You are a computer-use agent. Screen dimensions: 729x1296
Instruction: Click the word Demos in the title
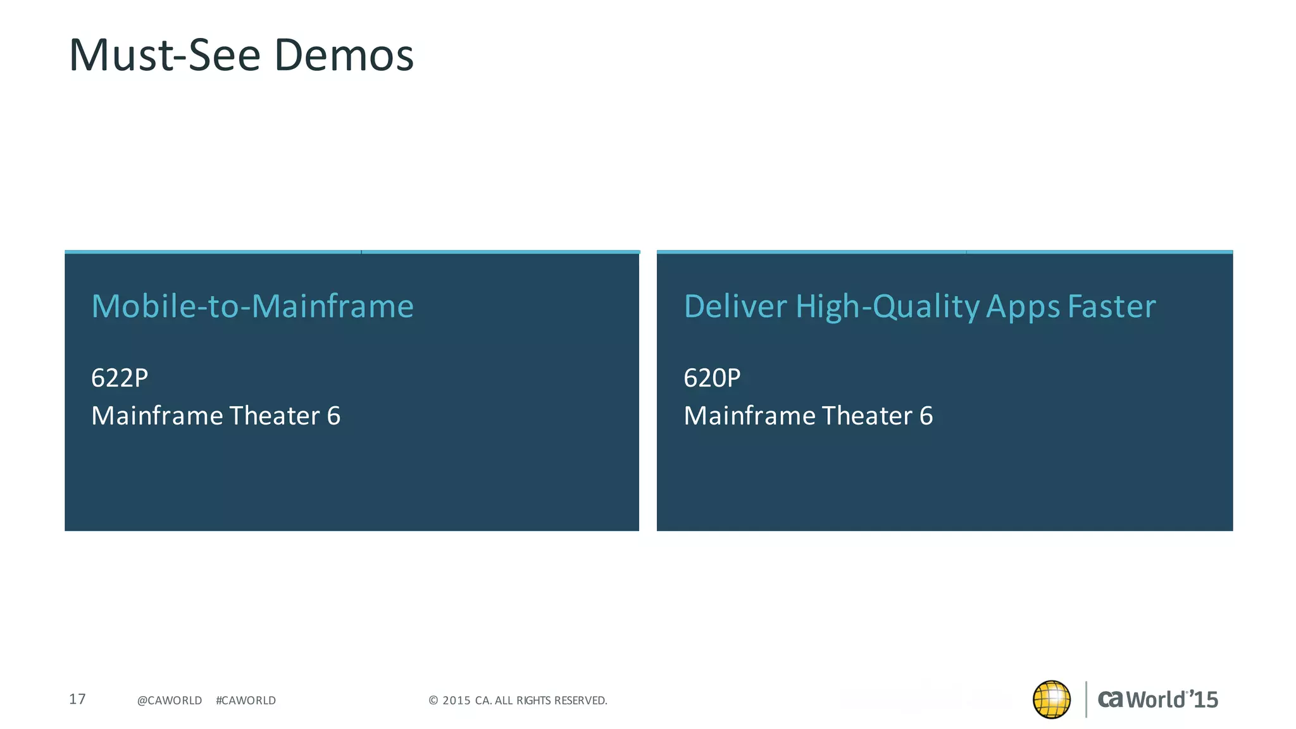pos(344,56)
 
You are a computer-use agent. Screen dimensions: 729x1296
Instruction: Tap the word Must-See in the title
pos(165,56)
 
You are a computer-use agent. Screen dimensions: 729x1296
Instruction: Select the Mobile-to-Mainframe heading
pos(252,306)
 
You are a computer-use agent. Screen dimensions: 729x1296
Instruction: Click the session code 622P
pos(120,378)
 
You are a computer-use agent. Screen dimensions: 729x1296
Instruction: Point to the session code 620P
pos(712,378)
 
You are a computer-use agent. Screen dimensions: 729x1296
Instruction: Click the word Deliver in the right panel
pos(735,306)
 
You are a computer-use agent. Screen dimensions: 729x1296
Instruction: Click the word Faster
pos(1112,306)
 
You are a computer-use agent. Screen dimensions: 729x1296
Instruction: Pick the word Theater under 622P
pos(274,416)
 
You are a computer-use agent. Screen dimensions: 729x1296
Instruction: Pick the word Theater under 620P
pos(866,416)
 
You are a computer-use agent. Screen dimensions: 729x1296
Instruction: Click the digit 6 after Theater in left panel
pos(333,416)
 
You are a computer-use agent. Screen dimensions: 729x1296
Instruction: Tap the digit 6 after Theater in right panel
pos(926,416)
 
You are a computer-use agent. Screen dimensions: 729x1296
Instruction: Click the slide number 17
pos(77,699)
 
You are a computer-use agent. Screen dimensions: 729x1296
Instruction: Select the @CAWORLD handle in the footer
pos(170,701)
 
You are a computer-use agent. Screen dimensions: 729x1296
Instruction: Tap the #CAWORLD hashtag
pos(246,701)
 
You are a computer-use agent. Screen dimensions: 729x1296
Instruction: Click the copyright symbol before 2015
pos(433,701)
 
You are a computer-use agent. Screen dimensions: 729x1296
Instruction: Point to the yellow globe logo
pos(1051,699)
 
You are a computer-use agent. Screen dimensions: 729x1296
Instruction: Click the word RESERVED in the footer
pos(580,701)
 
